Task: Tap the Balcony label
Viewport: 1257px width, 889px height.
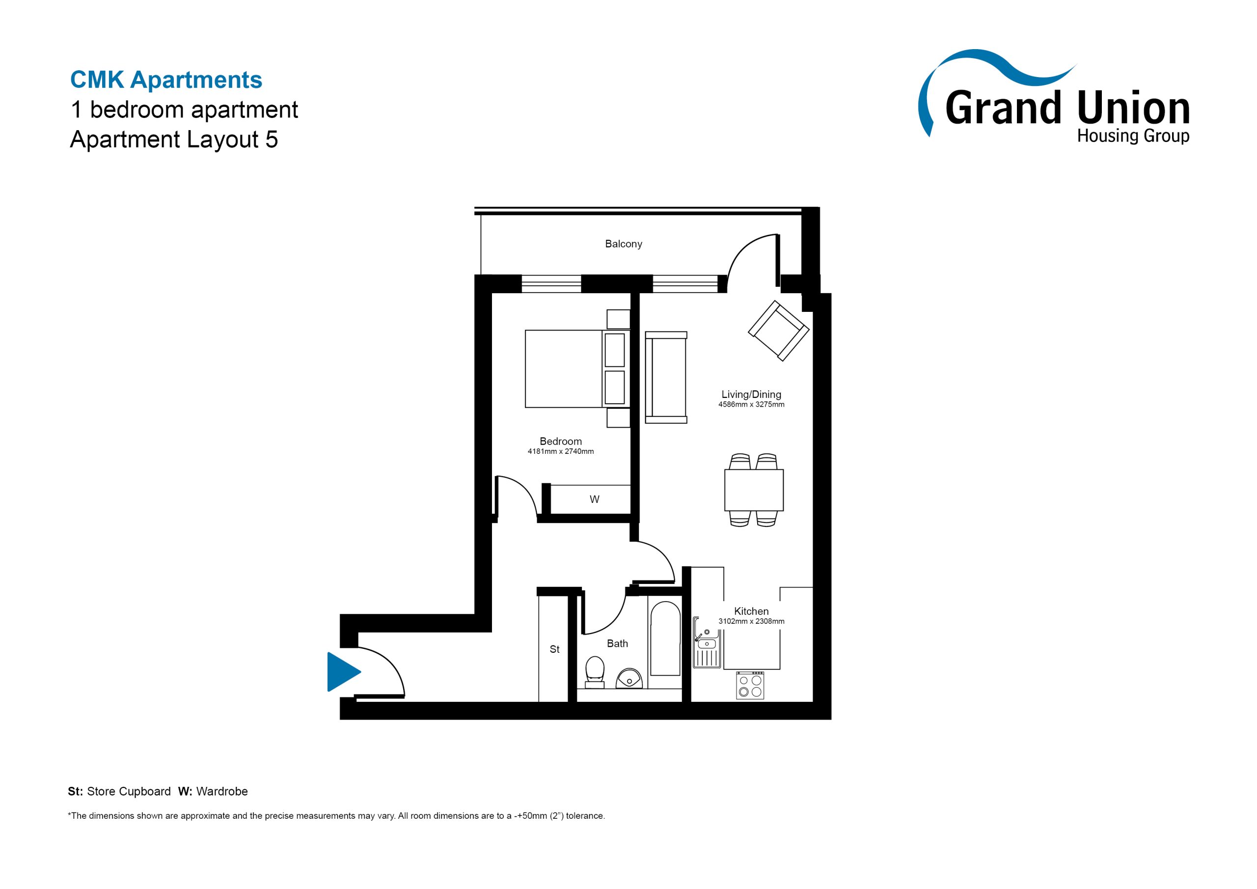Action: (x=623, y=244)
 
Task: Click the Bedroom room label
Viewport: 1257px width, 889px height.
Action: (x=561, y=442)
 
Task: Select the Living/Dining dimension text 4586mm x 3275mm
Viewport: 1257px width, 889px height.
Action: (x=751, y=405)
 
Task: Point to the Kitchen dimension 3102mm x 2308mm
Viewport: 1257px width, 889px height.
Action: (x=751, y=621)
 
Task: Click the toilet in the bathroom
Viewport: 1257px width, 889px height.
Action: (x=595, y=672)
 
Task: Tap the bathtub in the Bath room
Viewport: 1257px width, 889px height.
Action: (x=665, y=639)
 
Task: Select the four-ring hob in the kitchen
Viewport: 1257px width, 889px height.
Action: (x=750, y=685)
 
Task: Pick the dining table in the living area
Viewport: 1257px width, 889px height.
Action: (x=754, y=490)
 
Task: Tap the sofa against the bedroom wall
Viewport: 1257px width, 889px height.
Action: (x=666, y=377)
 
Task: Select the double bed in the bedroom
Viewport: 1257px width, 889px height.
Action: (x=577, y=369)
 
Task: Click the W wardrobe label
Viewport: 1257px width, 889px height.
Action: (x=595, y=500)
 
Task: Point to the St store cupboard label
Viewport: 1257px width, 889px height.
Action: (x=554, y=649)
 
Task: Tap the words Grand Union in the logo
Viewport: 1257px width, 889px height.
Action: (x=1067, y=108)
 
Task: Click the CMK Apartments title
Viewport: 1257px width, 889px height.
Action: (x=166, y=80)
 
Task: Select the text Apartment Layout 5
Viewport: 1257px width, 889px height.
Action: (x=174, y=139)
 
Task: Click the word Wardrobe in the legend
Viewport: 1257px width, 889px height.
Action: (x=222, y=791)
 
